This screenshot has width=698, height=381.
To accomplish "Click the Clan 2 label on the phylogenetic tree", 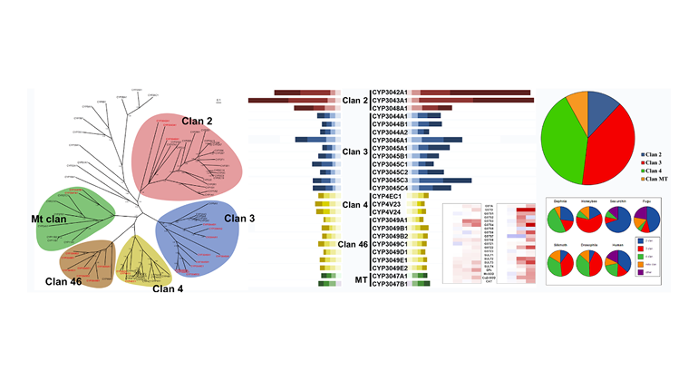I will (199, 121).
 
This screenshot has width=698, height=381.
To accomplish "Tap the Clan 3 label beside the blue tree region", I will (240, 218).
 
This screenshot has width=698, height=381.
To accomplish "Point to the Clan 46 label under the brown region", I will (63, 282).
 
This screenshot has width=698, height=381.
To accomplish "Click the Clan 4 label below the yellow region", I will (167, 289).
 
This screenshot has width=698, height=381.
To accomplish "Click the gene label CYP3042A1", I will (390, 93).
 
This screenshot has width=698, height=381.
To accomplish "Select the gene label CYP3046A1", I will (390, 140).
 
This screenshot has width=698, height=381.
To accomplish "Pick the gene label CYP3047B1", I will (390, 284).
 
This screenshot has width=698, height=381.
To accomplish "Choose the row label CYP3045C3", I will (390, 180).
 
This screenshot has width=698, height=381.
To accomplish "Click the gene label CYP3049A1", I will (390, 220).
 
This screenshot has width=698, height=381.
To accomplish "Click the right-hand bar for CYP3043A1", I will (471, 101).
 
